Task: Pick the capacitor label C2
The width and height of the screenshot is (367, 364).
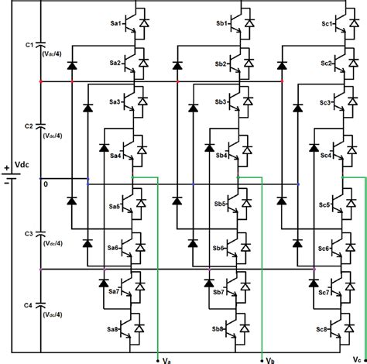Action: coord(29,124)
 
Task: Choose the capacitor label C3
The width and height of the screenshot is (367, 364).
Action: coord(29,232)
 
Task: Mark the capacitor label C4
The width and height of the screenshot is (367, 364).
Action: coord(29,304)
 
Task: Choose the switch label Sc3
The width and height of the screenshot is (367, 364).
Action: coord(325,102)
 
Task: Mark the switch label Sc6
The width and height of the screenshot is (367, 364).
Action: coord(325,249)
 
